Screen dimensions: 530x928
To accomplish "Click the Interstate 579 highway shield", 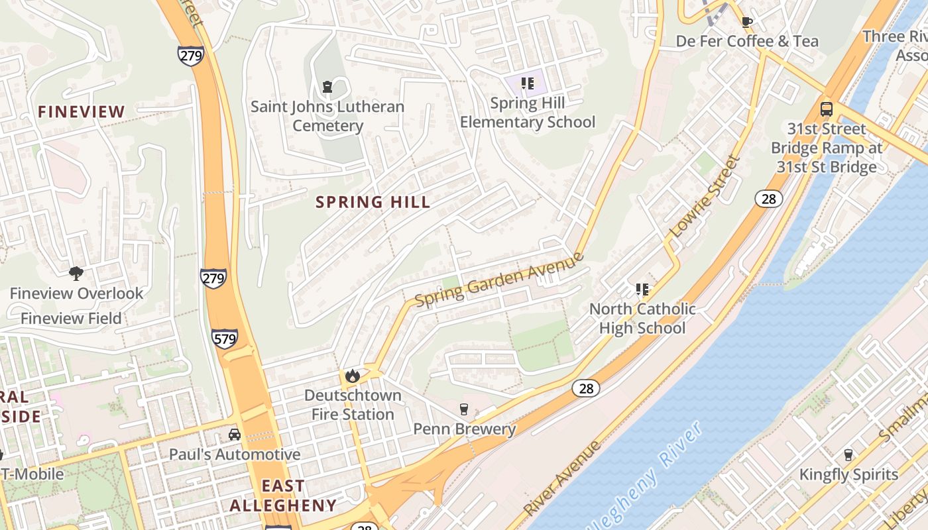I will [x=225, y=339].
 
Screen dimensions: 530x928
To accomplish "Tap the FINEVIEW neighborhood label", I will [x=81, y=112].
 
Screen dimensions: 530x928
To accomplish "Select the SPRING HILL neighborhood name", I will [x=373, y=202].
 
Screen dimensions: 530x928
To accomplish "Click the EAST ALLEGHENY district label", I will [x=283, y=496].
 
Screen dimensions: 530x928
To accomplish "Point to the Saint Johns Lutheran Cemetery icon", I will [x=327, y=86].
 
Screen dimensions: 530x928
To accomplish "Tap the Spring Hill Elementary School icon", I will [x=528, y=83].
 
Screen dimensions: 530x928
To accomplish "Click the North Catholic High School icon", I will [x=642, y=289].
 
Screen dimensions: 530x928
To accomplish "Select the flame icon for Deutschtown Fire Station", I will [x=352, y=376].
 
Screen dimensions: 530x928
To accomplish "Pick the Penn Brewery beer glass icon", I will [x=464, y=409].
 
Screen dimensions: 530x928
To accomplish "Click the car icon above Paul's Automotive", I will [x=235, y=435].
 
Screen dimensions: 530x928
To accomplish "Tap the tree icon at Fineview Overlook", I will [x=76, y=273].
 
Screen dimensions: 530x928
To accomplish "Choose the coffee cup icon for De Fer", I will [x=747, y=21].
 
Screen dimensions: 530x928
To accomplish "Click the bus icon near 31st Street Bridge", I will [x=826, y=109].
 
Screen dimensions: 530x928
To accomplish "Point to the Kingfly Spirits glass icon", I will [x=848, y=454].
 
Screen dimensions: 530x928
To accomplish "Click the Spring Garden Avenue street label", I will [x=499, y=280].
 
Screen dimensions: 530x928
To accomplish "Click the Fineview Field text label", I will [x=71, y=319].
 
